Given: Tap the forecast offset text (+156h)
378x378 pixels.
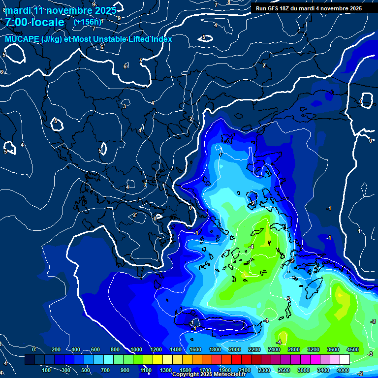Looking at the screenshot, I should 87,22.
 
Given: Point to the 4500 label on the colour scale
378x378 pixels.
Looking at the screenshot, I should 353,349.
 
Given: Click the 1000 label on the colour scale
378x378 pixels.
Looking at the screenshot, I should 136,349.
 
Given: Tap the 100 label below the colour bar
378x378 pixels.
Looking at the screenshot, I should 47,370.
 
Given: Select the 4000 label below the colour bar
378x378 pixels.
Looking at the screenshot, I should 343,370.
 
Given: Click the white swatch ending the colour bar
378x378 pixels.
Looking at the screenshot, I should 345,360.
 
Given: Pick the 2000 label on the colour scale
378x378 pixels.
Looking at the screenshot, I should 235,349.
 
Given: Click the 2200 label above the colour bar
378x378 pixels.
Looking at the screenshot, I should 254,349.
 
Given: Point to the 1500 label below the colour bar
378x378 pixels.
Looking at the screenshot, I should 186,370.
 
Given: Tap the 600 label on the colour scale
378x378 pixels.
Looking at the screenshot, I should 95,349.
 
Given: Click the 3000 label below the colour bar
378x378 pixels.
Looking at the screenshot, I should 304,370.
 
